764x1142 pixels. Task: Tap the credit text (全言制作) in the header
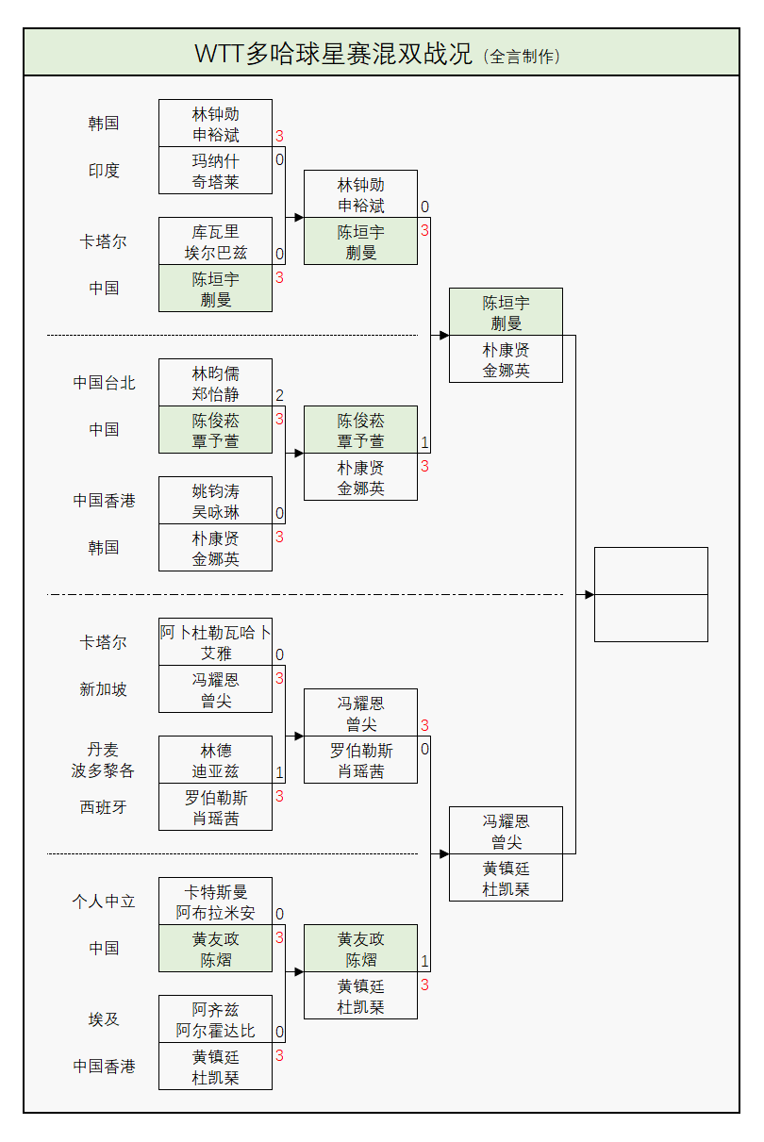[522, 57]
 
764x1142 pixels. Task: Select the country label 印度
[104, 171]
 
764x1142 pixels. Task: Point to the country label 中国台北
[104, 383]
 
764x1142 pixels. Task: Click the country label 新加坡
[104, 689]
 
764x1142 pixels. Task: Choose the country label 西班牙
[104, 807]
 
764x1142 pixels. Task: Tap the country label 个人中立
[104, 902]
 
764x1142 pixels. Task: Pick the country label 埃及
[104, 1019]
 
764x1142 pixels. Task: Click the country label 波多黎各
[104, 770]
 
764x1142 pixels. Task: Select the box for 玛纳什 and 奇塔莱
[215, 171]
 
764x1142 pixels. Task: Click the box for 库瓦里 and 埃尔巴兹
[215, 241]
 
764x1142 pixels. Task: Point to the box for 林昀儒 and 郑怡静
[215, 383]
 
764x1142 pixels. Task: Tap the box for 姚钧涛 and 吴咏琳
[215, 501]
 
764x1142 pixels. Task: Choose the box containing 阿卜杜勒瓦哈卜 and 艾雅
[215, 642]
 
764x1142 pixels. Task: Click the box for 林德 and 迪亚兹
[215, 760]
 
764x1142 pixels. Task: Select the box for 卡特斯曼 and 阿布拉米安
[215, 902]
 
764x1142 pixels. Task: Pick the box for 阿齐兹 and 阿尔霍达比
[215, 1019]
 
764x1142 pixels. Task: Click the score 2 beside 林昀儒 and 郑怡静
[279, 396]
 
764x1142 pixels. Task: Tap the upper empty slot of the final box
[651, 571]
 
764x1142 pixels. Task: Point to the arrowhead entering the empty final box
[590, 595]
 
